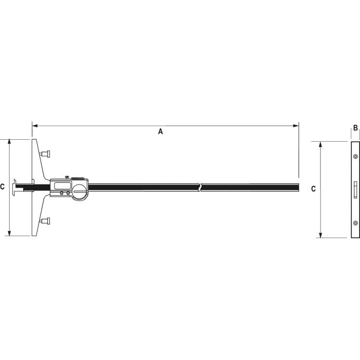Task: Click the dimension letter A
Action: click(160, 132)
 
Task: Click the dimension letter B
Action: click(355, 128)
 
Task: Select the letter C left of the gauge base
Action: click(2, 187)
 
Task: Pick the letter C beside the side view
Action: click(313, 189)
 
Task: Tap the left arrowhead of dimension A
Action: click(35, 126)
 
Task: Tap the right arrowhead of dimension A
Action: click(296, 126)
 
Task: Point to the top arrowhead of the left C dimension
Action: click(9, 141)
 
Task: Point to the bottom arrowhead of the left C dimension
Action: click(9, 233)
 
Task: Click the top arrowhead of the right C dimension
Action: click(321, 144)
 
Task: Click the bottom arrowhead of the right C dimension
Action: click(321, 235)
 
